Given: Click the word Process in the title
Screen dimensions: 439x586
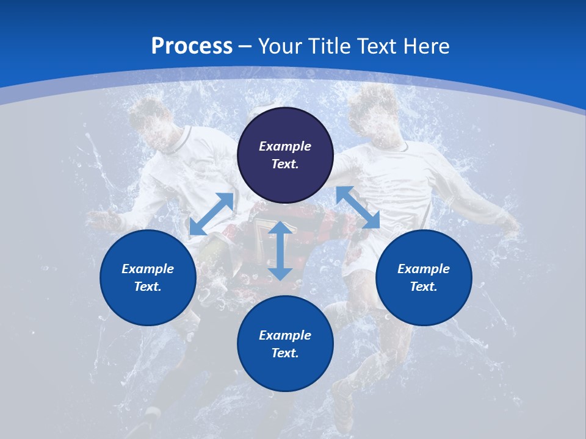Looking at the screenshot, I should (x=192, y=46).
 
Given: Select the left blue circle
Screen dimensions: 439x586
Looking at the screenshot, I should (x=148, y=277).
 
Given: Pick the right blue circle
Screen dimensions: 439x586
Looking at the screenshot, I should (x=424, y=277).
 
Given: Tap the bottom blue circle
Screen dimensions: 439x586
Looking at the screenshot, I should (x=285, y=344).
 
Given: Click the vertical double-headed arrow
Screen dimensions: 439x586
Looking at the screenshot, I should (x=280, y=251).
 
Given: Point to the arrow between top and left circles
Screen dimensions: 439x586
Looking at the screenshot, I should (x=211, y=214).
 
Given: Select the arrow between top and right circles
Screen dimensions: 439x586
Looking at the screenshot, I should (x=358, y=207).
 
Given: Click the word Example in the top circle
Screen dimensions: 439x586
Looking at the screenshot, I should (x=285, y=146).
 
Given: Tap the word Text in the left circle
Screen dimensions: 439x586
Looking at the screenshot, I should (x=148, y=287).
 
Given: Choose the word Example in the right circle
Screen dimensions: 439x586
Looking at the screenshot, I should (x=424, y=269).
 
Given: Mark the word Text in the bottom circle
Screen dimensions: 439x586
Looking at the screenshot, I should (x=285, y=353).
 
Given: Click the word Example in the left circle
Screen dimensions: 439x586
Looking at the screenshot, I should (x=148, y=269).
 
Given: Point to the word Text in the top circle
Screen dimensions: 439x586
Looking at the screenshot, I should (x=285, y=164).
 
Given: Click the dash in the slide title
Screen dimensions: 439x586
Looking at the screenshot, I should (x=245, y=46).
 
